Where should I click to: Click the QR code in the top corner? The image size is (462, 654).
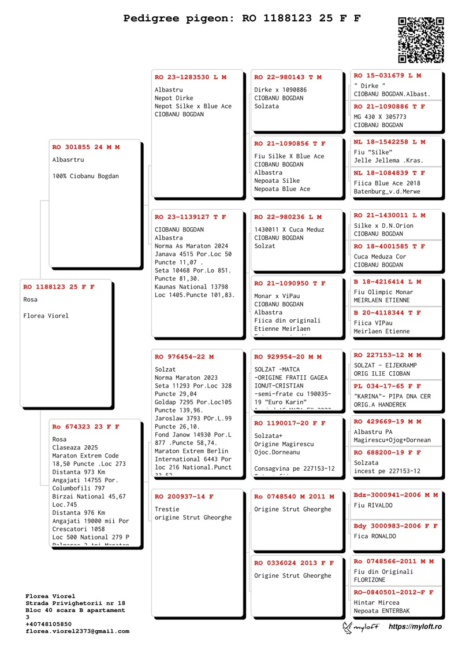point(421,39)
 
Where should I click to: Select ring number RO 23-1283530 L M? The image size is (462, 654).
point(191,77)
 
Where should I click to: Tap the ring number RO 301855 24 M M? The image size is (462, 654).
point(86,147)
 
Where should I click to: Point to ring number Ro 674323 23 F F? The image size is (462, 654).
point(86,427)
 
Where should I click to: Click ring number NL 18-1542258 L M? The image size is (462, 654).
point(389,142)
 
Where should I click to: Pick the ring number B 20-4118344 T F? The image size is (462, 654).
point(388,313)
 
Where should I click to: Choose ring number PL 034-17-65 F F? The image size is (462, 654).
point(388,386)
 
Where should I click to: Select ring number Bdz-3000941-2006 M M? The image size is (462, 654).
point(396,495)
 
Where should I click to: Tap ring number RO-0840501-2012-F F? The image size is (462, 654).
point(393,592)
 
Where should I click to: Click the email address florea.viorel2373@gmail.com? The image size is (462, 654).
point(77,631)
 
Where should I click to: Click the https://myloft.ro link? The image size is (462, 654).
point(415,627)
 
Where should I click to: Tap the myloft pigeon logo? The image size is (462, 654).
point(361,627)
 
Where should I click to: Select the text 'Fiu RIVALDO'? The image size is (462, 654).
point(373,505)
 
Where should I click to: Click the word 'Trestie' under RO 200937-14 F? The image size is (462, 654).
point(167,509)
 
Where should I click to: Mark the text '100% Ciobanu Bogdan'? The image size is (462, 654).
point(85,176)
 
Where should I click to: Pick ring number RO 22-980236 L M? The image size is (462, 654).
point(288,217)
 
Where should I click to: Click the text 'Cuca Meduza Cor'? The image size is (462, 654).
point(380,257)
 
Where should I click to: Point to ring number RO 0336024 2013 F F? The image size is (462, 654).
point(294,563)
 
